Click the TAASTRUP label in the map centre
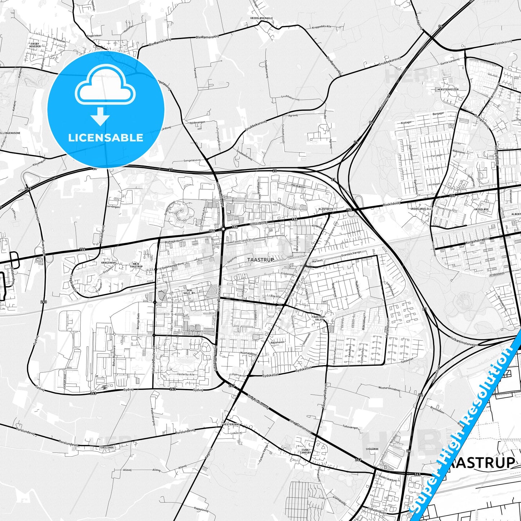coord(260,260)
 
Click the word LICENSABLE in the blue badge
coord(106,138)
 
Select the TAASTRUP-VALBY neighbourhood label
coord(318,318)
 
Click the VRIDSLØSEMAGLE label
coord(262,18)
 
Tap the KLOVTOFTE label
coord(326,209)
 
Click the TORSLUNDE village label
coord(106,447)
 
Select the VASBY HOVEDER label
coord(35,45)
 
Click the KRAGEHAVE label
coord(109,263)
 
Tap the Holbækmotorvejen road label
coord(464,341)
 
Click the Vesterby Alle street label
coord(185,374)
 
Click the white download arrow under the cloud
coord(100,116)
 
